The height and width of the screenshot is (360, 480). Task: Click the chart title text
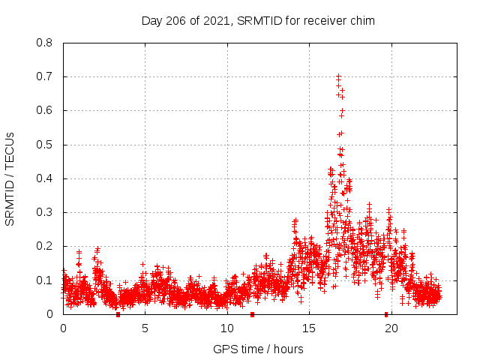(258, 21)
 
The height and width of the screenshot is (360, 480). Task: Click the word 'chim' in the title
(362, 21)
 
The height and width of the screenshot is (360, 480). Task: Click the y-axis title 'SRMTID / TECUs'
(10, 178)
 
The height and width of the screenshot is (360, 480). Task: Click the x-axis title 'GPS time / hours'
(258, 349)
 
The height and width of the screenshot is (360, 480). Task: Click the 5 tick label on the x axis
(145, 328)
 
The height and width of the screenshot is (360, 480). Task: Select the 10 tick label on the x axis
(227, 328)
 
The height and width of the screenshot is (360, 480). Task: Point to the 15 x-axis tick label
(310, 328)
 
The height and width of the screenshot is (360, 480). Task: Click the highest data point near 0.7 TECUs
(338, 76)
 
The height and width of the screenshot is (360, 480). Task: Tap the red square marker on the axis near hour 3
(118, 314)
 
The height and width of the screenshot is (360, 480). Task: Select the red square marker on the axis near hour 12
(252, 314)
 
